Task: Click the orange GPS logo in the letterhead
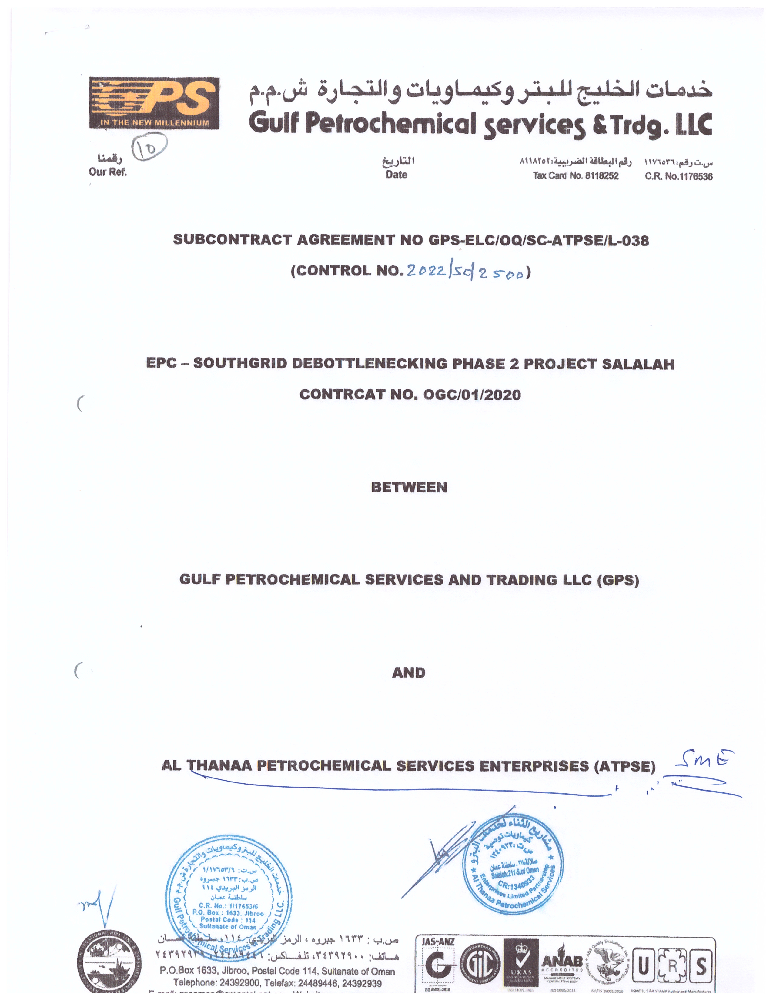click(x=154, y=103)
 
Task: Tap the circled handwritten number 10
click(x=149, y=147)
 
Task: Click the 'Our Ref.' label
click(x=108, y=172)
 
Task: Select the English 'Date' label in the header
click(x=396, y=175)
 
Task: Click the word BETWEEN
click(x=409, y=487)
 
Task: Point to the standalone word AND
click(x=409, y=673)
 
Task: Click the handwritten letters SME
click(x=704, y=759)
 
